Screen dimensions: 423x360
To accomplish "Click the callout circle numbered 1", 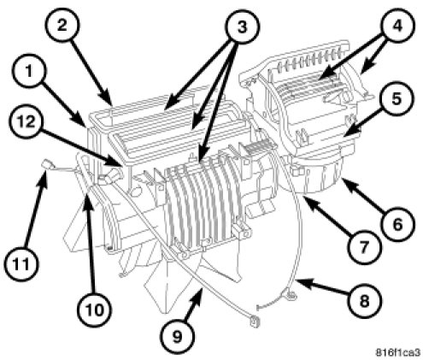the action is click(x=29, y=73).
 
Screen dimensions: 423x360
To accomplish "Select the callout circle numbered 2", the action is click(x=62, y=26).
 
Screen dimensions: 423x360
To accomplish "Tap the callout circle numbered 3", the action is click(x=242, y=27).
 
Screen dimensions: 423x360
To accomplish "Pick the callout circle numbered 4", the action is click(x=397, y=27).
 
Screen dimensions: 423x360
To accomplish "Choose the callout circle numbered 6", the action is click(x=397, y=224).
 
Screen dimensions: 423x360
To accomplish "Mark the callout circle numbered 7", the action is click(x=364, y=247).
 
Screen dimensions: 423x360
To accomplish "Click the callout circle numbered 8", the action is click(x=364, y=301).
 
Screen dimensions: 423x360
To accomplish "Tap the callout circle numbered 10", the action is click(x=95, y=310).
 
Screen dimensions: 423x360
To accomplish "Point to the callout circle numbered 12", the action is click(x=26, y=123).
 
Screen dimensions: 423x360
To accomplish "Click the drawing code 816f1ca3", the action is click(x=397, y=352).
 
